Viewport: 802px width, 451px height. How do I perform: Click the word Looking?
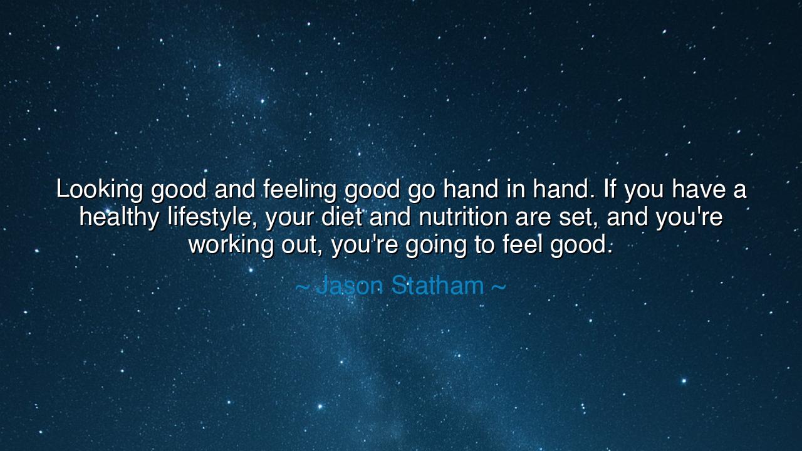(99, 190)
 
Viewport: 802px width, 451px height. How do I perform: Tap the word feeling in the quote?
(300, 190)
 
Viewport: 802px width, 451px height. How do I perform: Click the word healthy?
(119, 218)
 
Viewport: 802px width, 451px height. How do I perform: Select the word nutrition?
(463, 217)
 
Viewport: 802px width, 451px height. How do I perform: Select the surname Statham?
(437, 286)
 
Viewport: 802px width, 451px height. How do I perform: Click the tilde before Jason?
(302, 286)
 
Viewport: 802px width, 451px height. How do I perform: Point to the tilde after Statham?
(498, 286)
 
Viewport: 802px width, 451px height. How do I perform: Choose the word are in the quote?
(533, 218)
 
